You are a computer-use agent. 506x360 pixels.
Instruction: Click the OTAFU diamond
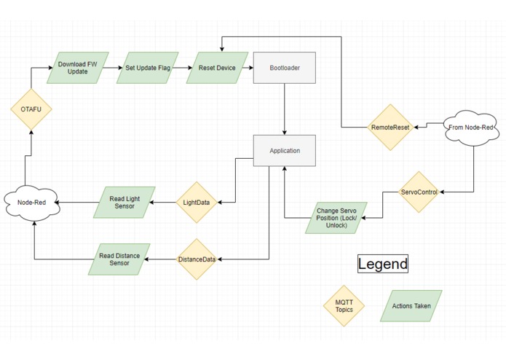coord(31,109)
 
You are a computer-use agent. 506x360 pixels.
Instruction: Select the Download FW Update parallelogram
coord(78,68)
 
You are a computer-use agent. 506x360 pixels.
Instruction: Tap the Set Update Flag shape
coord(148,68)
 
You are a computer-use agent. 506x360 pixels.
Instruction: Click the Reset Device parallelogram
coord(217,68)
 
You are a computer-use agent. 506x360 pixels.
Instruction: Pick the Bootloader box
coord(284,68)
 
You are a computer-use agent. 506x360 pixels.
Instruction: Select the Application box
coord(284,150)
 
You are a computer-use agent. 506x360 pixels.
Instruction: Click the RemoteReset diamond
coord(390,128)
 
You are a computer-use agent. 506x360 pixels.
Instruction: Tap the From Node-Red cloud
coord(471,128)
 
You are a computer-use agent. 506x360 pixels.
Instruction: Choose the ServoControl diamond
coord(419,192)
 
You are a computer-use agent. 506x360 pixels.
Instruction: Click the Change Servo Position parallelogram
coord(336,218)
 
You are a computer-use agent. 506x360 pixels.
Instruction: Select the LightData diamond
coord(197,203)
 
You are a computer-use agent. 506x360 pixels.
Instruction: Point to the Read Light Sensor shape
coord(124,203)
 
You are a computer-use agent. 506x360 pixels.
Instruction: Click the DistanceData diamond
coord(197,259)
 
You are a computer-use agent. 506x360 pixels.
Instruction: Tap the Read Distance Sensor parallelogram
coord(119,259)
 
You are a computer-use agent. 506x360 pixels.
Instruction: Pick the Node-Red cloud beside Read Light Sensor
coord(32,203)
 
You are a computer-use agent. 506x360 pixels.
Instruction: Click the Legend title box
coord(383,264)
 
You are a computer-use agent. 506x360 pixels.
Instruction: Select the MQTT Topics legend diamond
coord(344,306)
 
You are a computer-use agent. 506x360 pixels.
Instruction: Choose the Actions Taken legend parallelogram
coord(411,306)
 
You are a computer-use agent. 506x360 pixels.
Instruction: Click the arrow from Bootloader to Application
coord(284,109)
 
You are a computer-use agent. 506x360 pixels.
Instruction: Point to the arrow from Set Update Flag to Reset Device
coord(182,68)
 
